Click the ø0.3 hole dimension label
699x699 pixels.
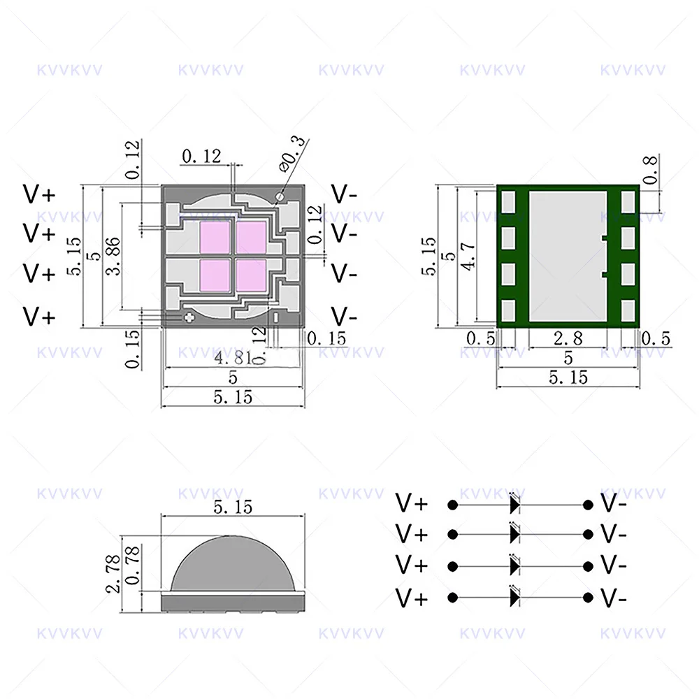[x=293, y=154]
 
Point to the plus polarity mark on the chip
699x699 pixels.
[x=189, y=319]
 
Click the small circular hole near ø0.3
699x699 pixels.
[x=280, y=196]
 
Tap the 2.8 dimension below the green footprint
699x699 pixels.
[x=568, y=339]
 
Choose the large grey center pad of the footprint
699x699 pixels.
[x=567, y=256]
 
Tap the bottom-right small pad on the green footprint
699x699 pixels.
[x=627, y=308]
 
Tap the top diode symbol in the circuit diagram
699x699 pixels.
[x=516, y=503]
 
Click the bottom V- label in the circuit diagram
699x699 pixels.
[x=613, y=598]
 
